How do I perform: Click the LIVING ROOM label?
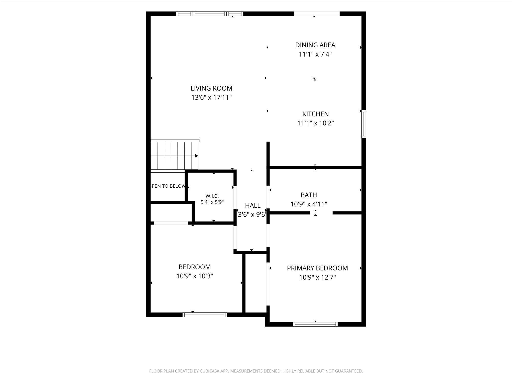(211, 88)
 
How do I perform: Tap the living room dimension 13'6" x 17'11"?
(211, 98)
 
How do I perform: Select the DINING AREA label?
(315, 45)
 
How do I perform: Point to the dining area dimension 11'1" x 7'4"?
(315, 54)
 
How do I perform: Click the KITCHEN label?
(315, 114)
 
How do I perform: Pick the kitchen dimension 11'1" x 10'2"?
(315, 123)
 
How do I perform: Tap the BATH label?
(309, 195)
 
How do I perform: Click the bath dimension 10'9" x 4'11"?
(309, 204)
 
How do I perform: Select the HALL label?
(253, 205)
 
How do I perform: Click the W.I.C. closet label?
(212, 196)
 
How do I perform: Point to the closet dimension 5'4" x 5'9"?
(212, 202)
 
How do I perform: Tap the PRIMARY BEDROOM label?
(317, 268)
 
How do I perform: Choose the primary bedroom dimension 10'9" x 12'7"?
(317, 277)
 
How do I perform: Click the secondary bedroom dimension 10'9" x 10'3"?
(195, 276)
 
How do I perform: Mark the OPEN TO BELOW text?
(168, 186)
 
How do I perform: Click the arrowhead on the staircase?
(197, 156)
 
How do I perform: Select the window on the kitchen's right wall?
(364, 124)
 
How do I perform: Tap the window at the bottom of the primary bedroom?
(315, 324)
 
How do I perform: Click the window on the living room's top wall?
(210, 14)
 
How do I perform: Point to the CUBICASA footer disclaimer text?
(256, 371)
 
